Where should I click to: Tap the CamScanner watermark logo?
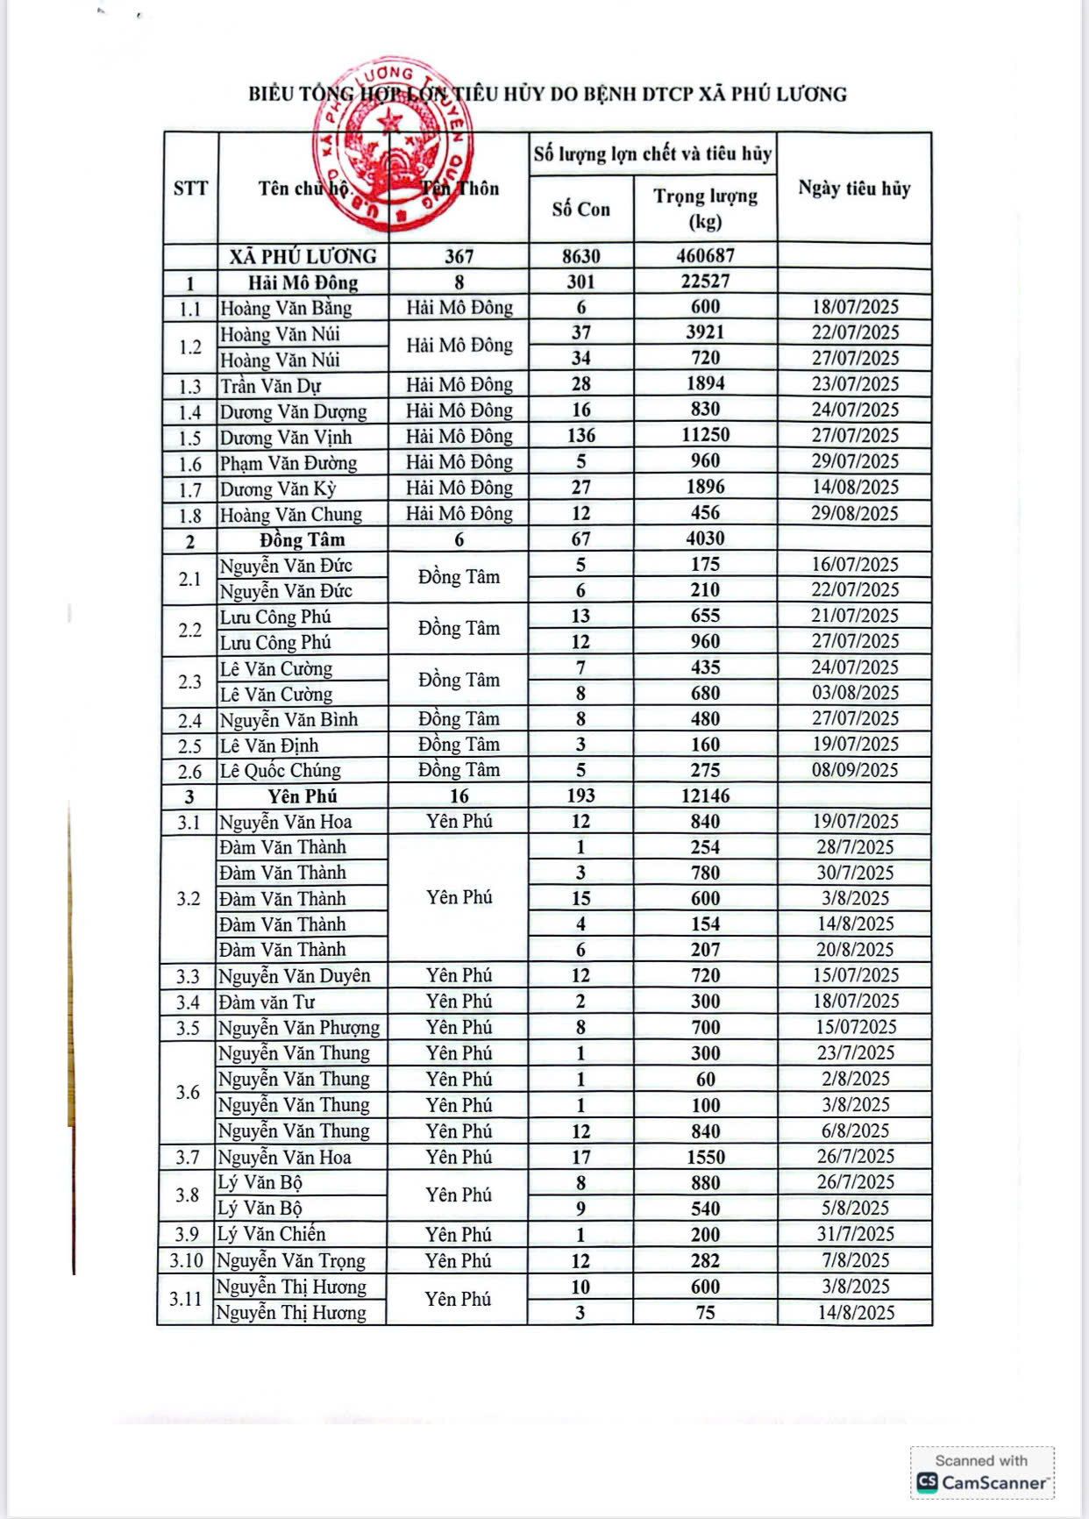[982, 1482]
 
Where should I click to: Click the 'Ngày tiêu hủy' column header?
[854, 189]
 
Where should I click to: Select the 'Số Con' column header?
[580, 210]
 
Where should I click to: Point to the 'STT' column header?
[190, 189]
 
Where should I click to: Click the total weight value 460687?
[705, 256]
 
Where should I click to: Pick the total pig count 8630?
[580, 256]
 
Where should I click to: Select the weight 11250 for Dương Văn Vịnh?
[705, 435]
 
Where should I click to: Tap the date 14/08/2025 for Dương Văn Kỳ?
[854, 488]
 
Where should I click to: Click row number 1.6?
[190, 464]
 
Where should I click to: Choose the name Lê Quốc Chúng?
[280, 771]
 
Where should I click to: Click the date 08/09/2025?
[854, 770]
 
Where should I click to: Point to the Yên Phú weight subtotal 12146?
[705, 796]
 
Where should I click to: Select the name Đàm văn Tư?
[267, 1002]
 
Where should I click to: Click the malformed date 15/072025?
[854, 1027]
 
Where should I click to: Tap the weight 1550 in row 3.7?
[705, 1157]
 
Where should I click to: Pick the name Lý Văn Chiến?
[271, 1234]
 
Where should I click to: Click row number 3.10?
[187, 1261]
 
